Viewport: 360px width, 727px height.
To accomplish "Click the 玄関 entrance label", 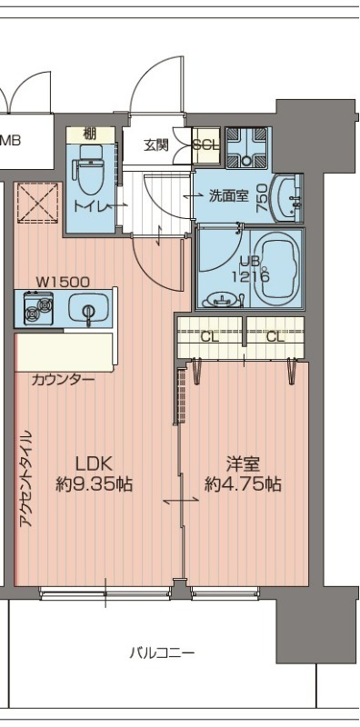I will pos(156,145).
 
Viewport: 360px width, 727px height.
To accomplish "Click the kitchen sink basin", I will pos(89,311).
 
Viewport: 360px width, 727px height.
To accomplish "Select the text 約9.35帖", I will pos(94,484).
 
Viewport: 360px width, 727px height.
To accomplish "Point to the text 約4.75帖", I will pos(242,484).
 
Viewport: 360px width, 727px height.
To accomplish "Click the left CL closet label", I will pos(210,337).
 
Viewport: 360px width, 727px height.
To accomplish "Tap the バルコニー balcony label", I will pos(161,652).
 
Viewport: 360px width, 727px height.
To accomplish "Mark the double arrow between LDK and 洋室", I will pos(180,501).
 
